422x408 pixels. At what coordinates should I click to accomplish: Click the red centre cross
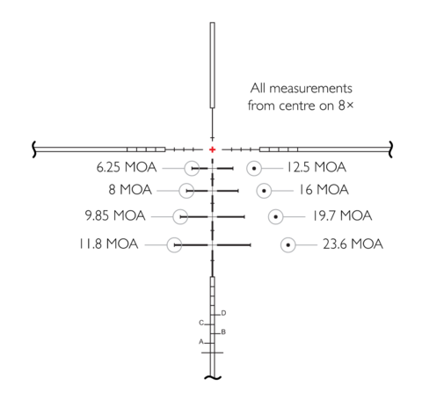[x=212, y=149]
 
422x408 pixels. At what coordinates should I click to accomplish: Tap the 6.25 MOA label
[x=127, y=167]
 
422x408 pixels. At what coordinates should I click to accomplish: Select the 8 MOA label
[x=130, y=190]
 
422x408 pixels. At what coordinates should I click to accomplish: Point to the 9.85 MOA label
[x=115, y=215]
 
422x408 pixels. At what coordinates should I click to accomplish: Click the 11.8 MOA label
[x=108, y=244]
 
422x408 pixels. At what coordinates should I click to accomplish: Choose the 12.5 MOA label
[x=316, y=167]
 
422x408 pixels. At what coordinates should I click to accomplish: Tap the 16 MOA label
[x=324, y=190]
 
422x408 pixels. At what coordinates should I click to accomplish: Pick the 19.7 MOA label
[x=342, y=215]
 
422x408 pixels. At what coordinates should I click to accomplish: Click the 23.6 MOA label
[x=353, y=244]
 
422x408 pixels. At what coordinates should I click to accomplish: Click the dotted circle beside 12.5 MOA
[x=254, y=168]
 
